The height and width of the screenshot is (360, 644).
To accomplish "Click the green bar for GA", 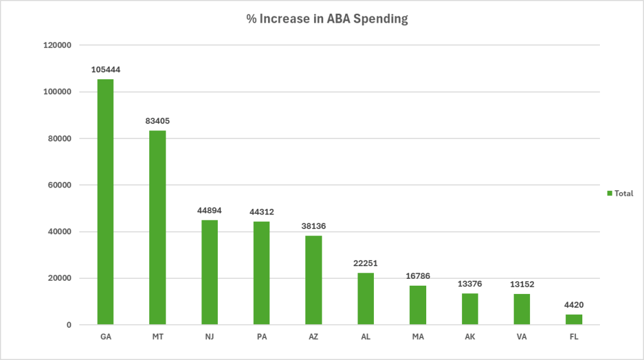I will (x=105, y=201).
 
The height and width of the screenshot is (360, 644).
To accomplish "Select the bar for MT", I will (x=157, y=227).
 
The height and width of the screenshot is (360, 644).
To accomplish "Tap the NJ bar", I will (x=210, y=272).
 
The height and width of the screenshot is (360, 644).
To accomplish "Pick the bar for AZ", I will (x=314, y=280).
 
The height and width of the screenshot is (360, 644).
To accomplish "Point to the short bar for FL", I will (x=573, y=320).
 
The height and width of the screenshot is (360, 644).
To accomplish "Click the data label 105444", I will (x=105, y=70).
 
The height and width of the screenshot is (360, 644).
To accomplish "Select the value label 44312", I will (x=261, y=212).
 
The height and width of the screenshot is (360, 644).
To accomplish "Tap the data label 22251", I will (x=365, y=264).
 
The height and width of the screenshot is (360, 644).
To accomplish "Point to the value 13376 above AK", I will (x=470, y=284).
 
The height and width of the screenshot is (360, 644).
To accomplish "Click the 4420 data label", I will (x=573, y=305).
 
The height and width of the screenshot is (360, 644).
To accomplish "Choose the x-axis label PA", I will (x=261, y=337).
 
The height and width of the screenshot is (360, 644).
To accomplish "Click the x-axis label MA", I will (x=417, y=337).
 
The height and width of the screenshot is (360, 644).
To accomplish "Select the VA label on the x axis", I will (x=521, y=337).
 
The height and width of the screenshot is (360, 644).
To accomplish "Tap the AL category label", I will (x=365, y=337).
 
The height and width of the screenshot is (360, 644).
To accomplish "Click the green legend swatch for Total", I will (x=609, y=194).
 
